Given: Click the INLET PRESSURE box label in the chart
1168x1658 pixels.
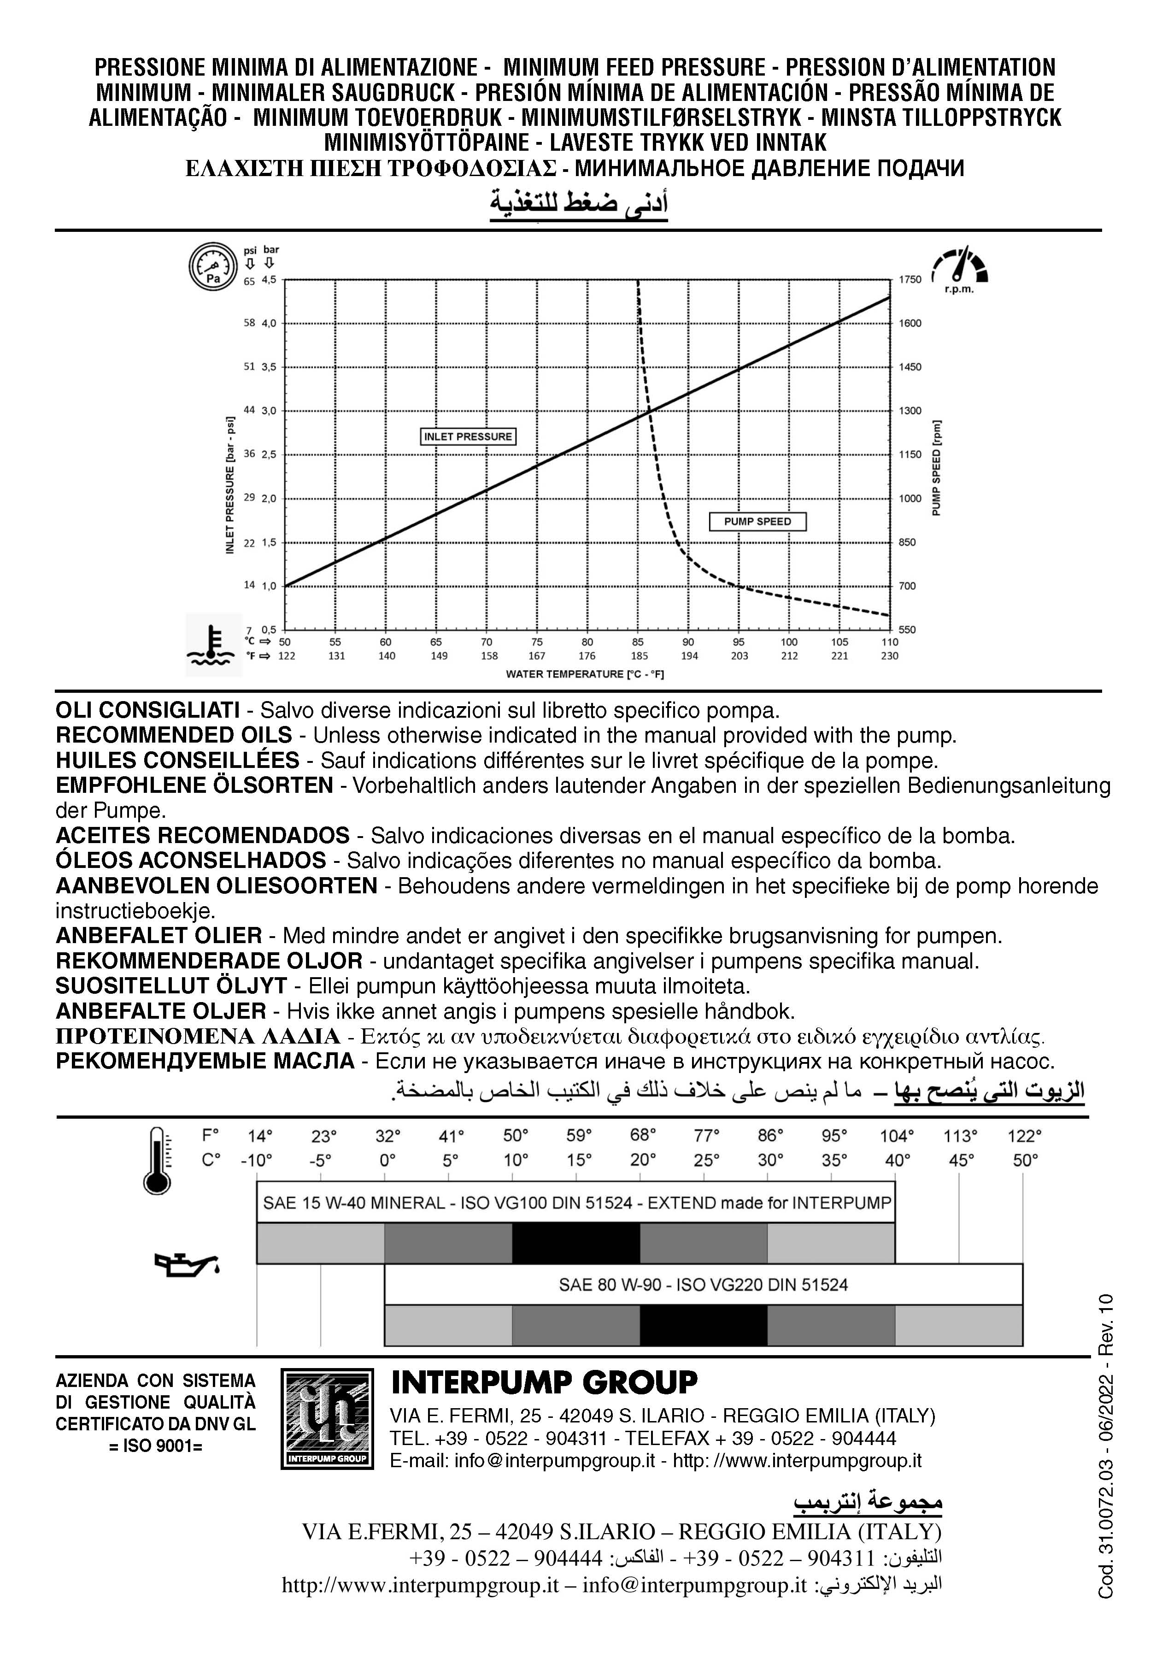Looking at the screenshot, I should [468, 436].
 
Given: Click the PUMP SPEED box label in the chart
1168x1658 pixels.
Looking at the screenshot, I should [757, 521].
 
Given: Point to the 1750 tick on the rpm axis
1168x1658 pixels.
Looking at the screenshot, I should [910, 279].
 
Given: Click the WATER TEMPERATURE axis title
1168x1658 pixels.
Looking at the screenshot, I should [584, 674].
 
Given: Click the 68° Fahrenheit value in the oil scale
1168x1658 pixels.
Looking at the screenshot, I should [642, 1136].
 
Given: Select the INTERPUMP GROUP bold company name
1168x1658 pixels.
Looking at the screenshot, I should [544, 1382].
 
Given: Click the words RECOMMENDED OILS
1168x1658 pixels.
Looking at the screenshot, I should [174, 735].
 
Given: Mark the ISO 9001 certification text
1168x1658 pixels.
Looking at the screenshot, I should [155, 1446].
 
